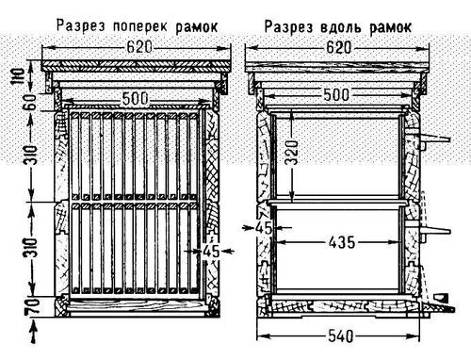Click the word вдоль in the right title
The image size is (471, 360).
[x=349, y=23]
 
